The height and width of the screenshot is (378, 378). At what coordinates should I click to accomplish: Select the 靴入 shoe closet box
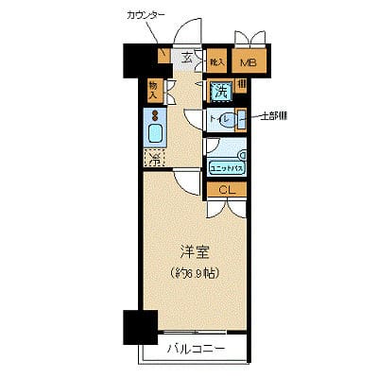[215, 62]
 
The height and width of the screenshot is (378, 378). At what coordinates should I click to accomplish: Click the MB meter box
[248, 63]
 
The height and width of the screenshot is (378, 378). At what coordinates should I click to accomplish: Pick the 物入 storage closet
[153, 90]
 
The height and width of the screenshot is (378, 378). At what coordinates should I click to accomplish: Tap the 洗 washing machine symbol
[219, 92]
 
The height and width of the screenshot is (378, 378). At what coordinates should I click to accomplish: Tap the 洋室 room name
[195, 253]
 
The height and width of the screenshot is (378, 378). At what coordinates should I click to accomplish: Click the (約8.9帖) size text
[194, 272]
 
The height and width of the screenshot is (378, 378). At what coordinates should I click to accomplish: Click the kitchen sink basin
[154, 132]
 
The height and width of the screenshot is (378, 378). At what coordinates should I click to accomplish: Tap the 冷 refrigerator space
[153, 158]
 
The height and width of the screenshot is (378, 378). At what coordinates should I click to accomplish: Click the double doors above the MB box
[250, 40]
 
